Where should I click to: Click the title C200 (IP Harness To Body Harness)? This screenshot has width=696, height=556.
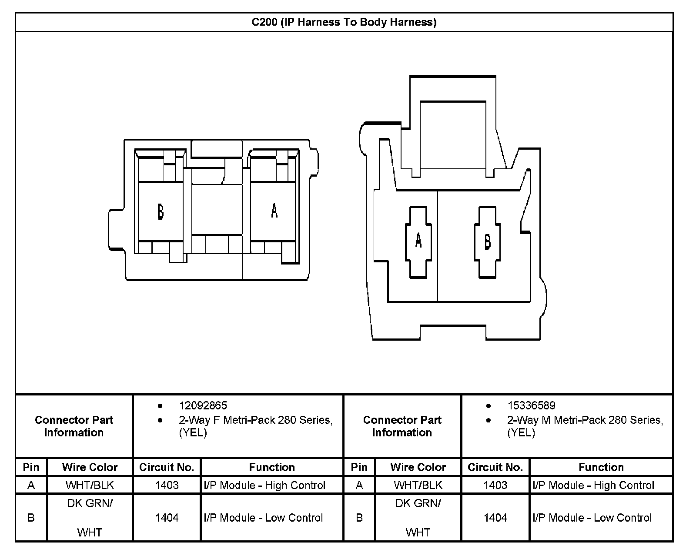pyautogui.click(x=344, y=22)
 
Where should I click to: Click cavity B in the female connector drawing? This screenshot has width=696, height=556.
pyautogui.click(x=161, y=211)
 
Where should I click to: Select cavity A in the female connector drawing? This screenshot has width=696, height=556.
pyautogui.click(x=274, y=211)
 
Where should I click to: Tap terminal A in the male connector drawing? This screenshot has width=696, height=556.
pyautogui.click(x=418, y=240)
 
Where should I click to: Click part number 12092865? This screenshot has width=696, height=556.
pyautogui.click(x=203, y=405)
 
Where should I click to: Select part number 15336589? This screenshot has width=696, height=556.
pyautogui.click(x=531, y=405)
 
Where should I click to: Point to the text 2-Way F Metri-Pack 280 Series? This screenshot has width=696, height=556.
pyautogui.click(x=256, y=420)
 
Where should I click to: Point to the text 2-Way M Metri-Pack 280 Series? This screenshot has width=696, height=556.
pyautogui.click(x=585, y=420)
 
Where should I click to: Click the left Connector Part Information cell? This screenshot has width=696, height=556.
pyautogui.click(x=74, y=426)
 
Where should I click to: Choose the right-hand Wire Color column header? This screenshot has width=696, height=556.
pyautogui.click(x=418, y=467)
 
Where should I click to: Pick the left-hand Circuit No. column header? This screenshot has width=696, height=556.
pyautogui.click(x=167, y=467)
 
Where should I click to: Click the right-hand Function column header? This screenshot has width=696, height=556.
pyautogui.click(x=601, y=467)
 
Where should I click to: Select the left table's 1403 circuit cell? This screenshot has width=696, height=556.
pyautogui.click(x=167, y=485)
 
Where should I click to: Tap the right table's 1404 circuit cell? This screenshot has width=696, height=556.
pyautogui.click(x=495, y=518)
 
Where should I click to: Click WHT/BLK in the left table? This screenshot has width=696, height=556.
pyautogui.click(x=90, y=485)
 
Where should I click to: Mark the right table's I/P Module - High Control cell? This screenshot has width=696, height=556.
pyautogui.click(x=593, y=485)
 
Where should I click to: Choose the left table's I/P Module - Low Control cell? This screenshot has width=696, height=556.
pyautogui.click(x=264, y=518)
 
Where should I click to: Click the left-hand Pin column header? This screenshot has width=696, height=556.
pyautogui.click(x=31, y=467)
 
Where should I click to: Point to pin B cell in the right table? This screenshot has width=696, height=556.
pyautogui.click(x=359, y=518)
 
